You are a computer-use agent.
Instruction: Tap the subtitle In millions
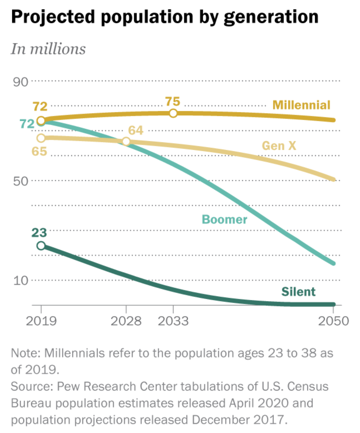[x=48, y=49]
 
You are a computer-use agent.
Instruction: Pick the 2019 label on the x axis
[x=41, y=320]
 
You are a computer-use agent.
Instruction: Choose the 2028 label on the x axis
[x=126, y=320]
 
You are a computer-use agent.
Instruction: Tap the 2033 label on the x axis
[x=173, y=320]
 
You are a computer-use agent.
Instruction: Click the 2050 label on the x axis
[x=333, y=320]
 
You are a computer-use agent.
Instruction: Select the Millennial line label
[x=301, y=105]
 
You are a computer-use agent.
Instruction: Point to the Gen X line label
[x=279, y=146]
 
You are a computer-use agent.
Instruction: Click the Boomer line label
[x=224, y=219]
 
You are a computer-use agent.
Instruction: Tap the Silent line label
[x=298, y=291]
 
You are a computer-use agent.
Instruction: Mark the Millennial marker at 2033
[x=173, y=113]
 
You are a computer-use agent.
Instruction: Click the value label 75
[x=173, y=101]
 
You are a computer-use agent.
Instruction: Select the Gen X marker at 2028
[x=126, y=141]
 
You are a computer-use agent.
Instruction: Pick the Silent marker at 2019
[x=41, y=245]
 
